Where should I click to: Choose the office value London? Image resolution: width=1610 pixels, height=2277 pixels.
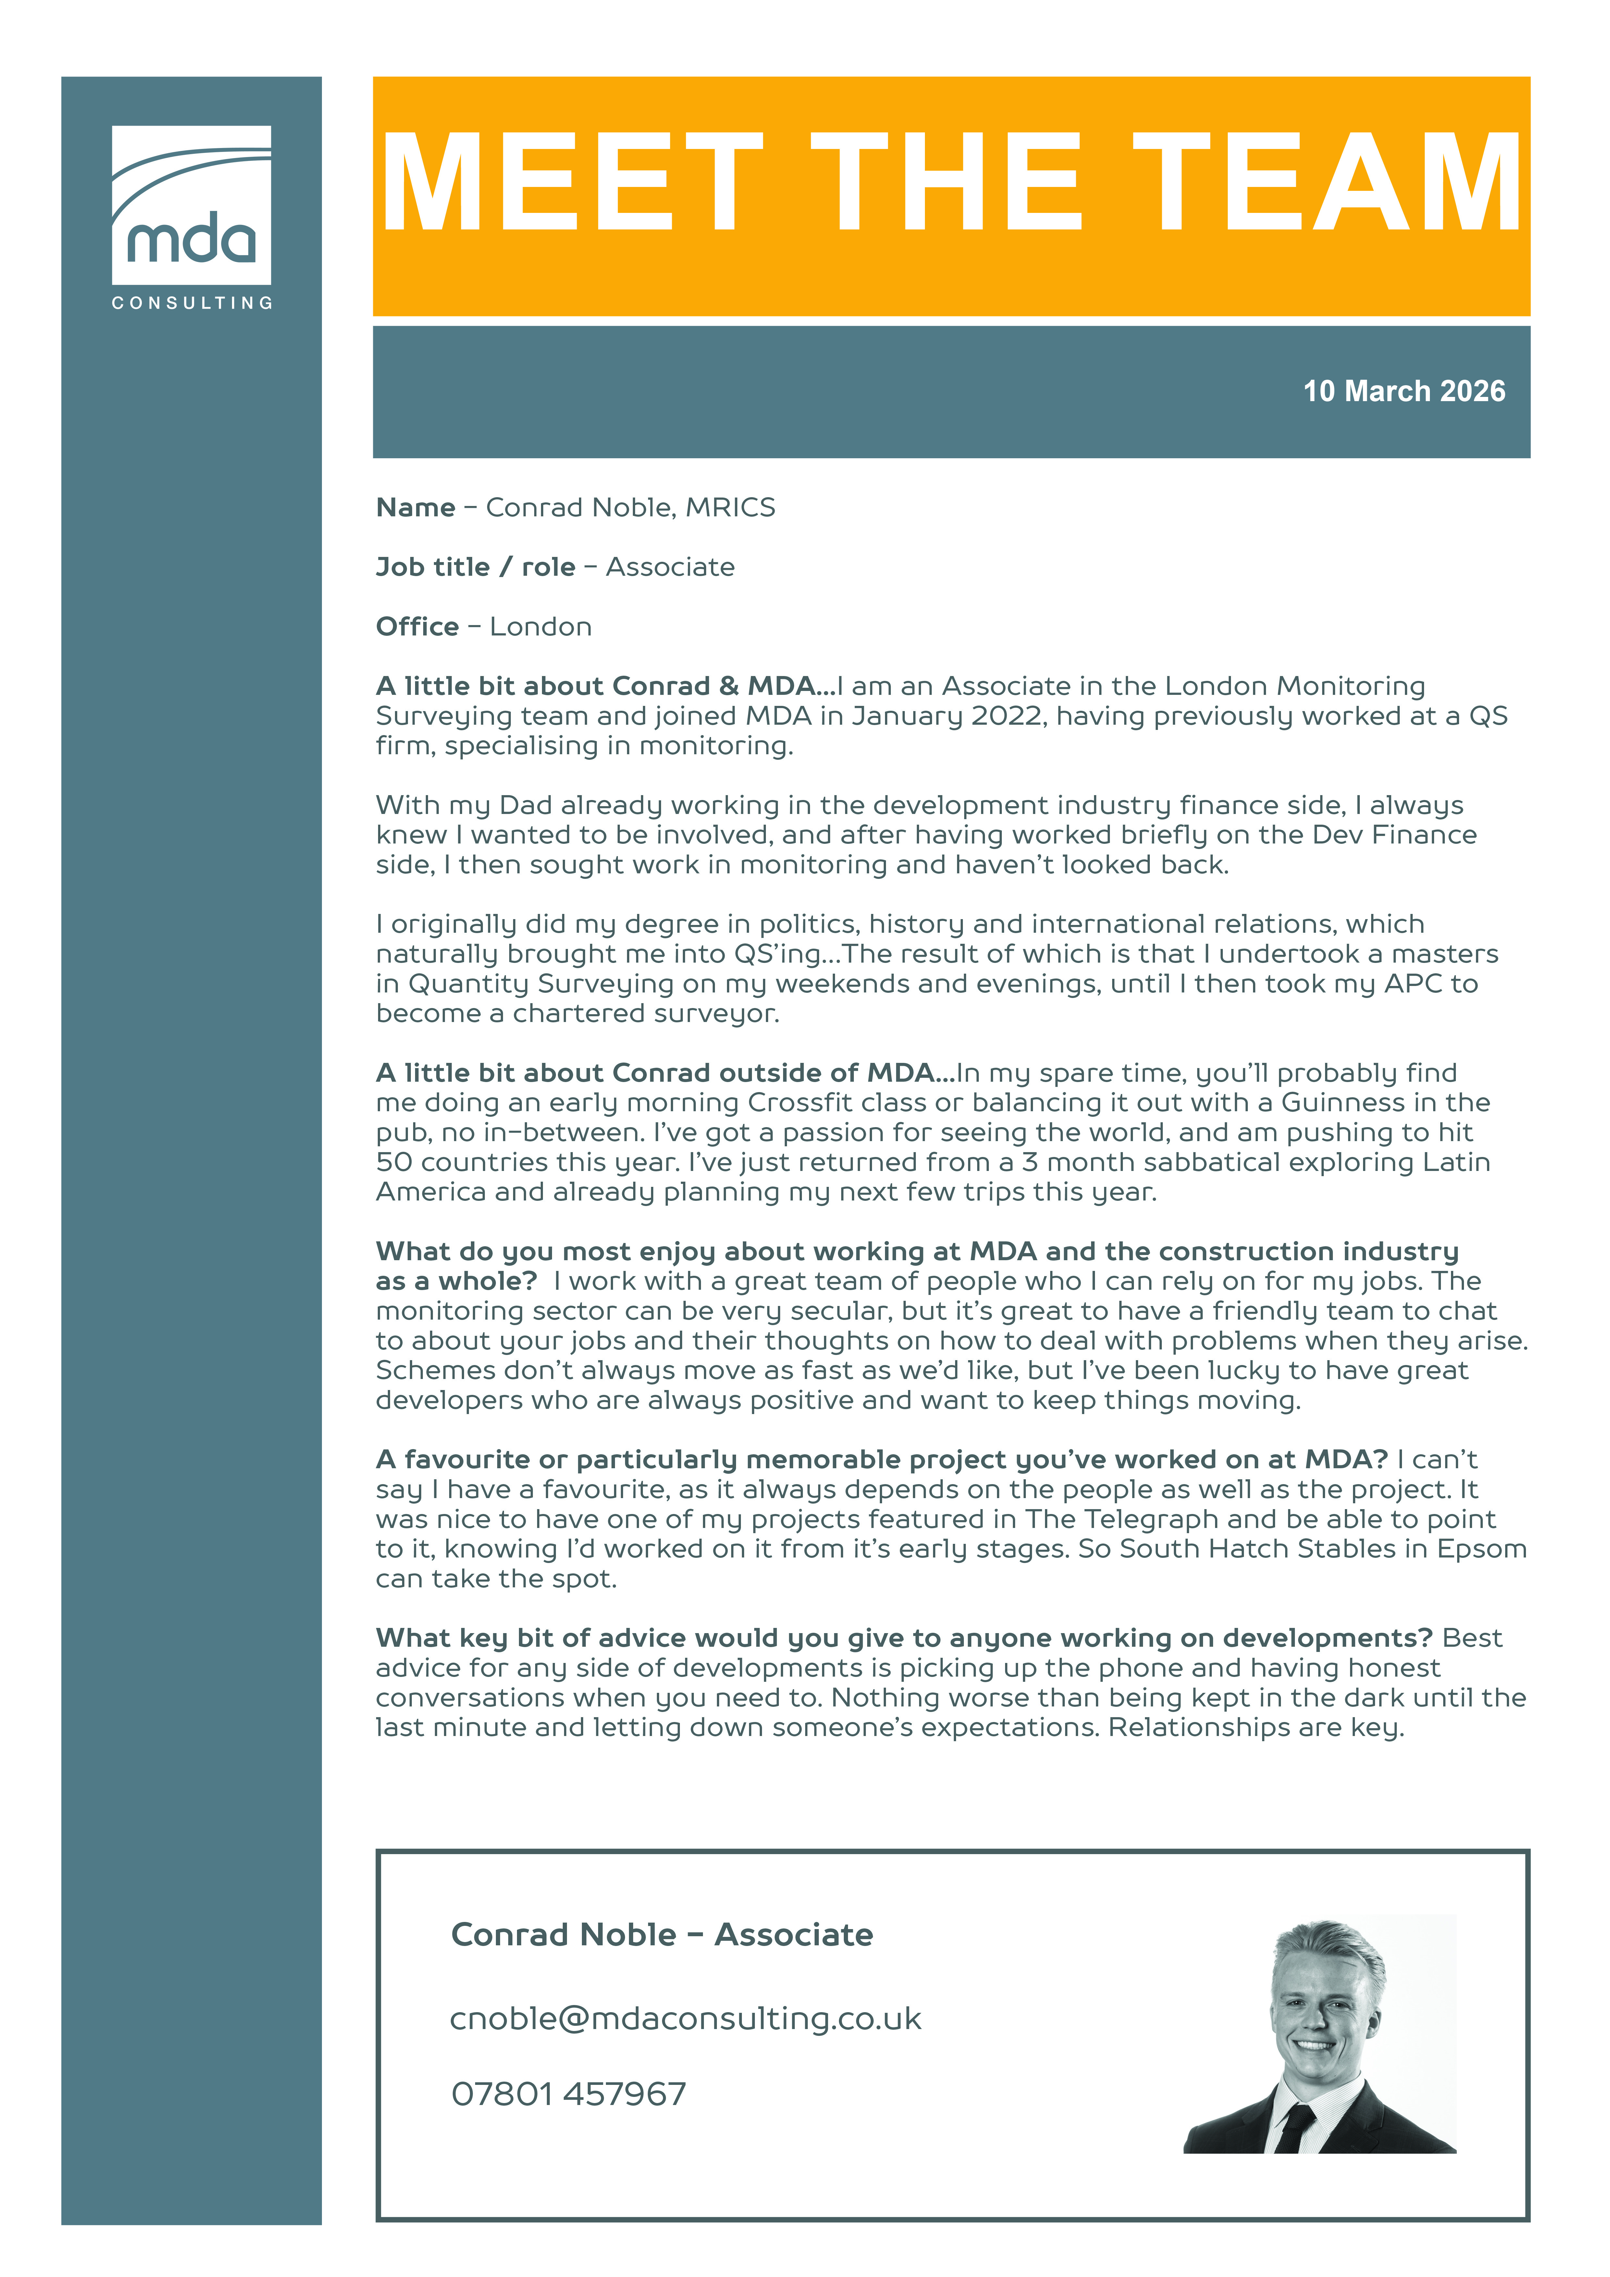[541, 627]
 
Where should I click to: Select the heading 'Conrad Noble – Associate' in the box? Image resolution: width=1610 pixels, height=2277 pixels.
[662, 1935]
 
